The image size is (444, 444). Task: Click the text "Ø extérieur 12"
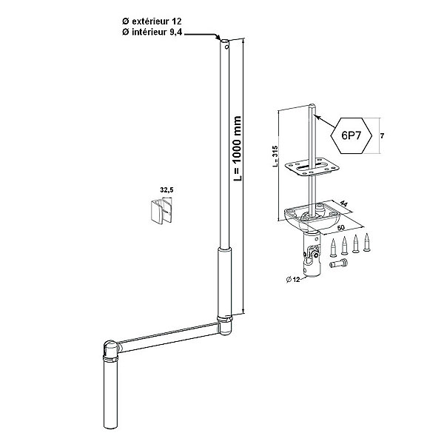point(152,21)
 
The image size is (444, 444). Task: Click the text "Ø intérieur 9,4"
point(152,33)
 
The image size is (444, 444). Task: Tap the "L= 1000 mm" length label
point(237,149)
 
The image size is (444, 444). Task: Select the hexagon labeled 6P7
point(351,135)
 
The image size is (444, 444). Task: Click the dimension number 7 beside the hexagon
point(382,136)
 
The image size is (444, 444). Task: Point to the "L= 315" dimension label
point(275,156)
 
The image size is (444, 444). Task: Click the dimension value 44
point(343,203)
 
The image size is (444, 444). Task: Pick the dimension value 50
point(341,227)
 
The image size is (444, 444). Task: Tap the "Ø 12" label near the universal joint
point(293,280)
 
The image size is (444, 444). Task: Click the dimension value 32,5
point(166,190)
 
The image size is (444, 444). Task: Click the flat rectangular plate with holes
point(312,167)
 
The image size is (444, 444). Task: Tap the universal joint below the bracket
point(312,253)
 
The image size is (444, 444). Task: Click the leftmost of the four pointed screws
point(333,248)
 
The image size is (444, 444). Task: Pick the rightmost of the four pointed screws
point(367,243)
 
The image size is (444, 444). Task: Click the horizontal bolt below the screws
point(339,263)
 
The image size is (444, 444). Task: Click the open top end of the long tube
point(225,42)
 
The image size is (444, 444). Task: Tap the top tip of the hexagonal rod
point(312,105)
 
